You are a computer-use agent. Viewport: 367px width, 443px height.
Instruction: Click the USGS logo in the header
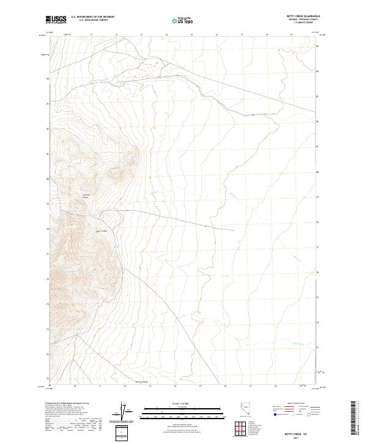[55, 20]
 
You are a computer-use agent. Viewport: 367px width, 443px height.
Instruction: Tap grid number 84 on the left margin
[48, 79]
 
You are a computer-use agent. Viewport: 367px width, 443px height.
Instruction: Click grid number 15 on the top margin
[191, 35]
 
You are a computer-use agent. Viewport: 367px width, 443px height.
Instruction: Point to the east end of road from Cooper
[234, 230]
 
